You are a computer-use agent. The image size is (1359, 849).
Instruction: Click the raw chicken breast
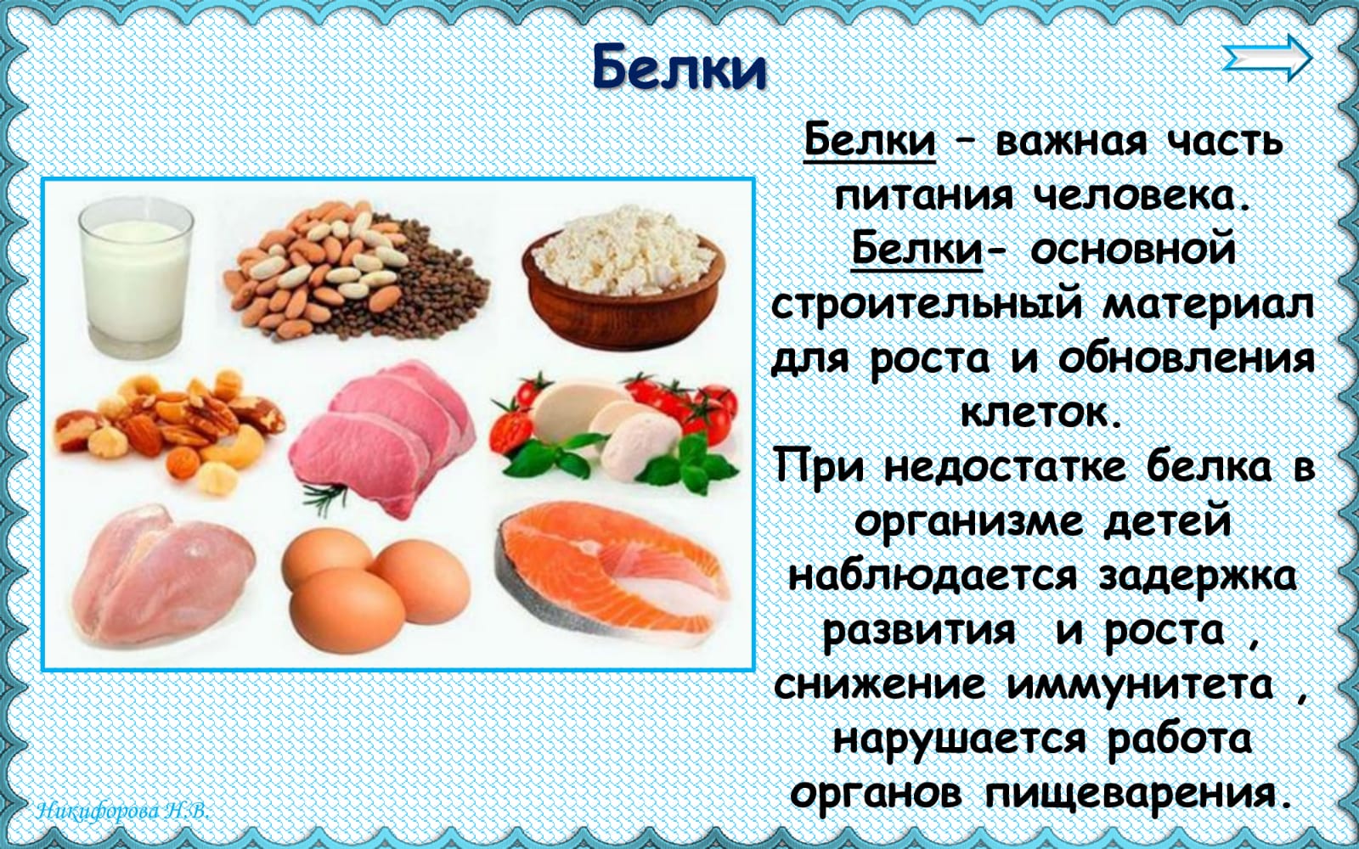click(x=161, y=576)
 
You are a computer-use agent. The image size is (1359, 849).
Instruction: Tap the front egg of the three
click(x=347, y=610)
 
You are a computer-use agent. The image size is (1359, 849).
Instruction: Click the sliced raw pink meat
click(x=383, y=436)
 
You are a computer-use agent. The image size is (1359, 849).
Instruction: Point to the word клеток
click(x=1040, y=413)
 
